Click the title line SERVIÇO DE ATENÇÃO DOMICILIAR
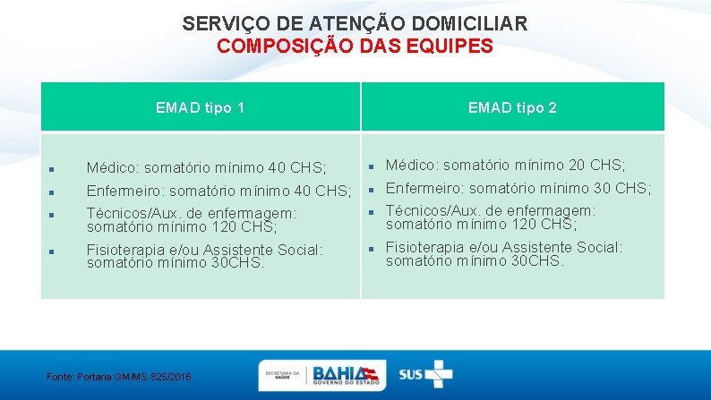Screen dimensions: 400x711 [x=355, y=23]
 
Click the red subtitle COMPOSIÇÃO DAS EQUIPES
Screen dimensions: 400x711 [x=355, y=47]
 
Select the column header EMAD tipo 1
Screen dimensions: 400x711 [x=200, y=107]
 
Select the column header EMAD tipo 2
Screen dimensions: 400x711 [x=512, y=107]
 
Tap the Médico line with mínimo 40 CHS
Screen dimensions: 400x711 [x=206, y=167]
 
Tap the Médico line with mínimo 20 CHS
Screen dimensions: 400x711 [x=505, y=165]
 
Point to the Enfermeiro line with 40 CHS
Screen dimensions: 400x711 [x=218, y=191]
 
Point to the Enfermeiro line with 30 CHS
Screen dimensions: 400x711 [x=518, y=188]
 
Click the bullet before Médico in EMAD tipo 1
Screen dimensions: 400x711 [x=53, y=168]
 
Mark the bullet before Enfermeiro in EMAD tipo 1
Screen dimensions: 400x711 [x=53, y=191]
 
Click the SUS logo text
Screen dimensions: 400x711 [x=411, y=374]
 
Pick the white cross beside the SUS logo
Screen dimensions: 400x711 [x=439, y=373]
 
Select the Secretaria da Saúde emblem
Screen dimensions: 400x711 [x=281, y=374]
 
